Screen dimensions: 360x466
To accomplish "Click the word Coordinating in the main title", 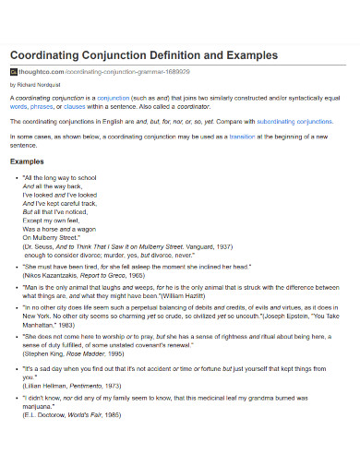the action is point(45,54).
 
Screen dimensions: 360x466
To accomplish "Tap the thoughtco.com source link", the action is point(46,70).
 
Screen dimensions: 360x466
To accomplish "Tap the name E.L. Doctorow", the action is point(45,441).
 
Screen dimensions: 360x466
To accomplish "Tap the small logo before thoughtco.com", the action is point(13,70).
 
